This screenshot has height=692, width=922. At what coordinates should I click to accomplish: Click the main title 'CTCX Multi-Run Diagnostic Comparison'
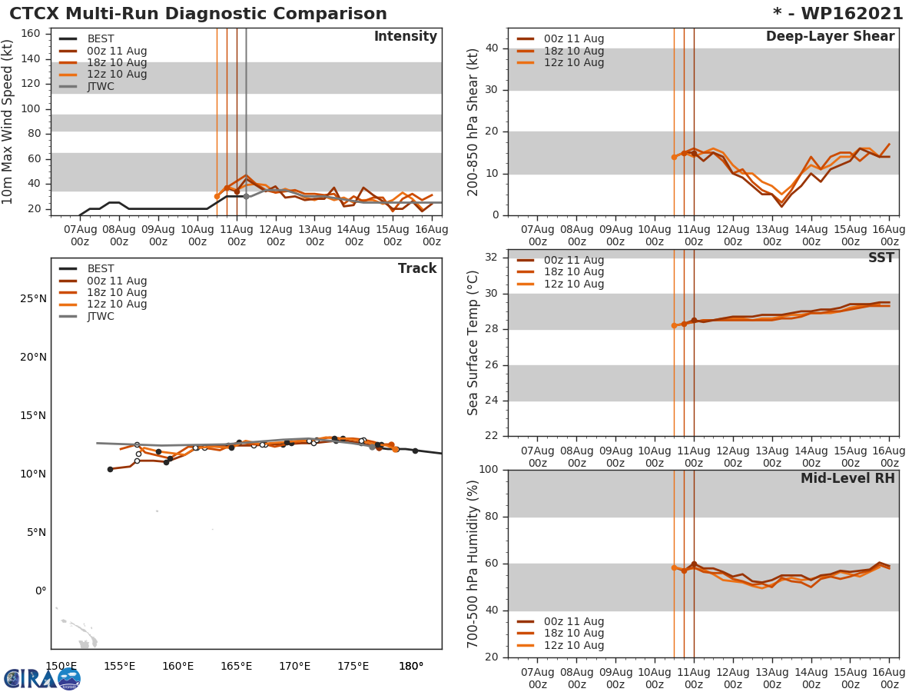198,14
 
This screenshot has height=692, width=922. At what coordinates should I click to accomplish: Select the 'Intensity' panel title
405,37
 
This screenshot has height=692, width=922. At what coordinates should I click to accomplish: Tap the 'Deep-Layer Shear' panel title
830,37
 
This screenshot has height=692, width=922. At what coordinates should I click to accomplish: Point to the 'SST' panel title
881,258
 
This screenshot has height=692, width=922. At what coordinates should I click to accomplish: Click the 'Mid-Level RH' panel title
847,479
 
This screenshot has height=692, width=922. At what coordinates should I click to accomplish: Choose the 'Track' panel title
417,269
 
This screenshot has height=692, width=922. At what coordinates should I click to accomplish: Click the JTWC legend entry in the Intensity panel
100,86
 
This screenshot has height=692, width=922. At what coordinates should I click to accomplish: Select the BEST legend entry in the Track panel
100,269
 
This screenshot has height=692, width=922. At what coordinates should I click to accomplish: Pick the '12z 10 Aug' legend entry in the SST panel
573,284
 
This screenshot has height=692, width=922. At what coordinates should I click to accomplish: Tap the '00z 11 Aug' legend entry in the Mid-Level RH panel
573,621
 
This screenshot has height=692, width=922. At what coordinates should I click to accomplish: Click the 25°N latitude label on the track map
33,298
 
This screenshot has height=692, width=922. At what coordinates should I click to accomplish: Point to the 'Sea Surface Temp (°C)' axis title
473,343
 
